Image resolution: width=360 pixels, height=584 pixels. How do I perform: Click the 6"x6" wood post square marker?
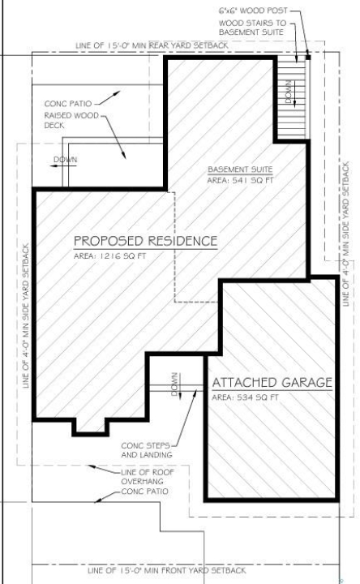pyautogui.click(x=308, y=58)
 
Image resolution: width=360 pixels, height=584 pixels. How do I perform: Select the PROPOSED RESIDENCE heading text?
pyautogui.click(x=146, y=241)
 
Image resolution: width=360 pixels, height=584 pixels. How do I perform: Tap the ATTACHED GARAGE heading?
pyautogui.click(x=272, y=383)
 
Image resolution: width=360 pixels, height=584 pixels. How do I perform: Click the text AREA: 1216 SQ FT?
pyautogui.click(x=109, y=256)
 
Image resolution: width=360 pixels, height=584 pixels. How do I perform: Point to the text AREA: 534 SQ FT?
pyautogui.click(x=245, y=397)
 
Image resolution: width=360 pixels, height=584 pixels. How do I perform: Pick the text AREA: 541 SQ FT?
pyautogui.click(x=240, y=180)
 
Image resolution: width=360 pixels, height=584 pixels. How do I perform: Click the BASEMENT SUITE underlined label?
pyautogui.click(x=240, y=170)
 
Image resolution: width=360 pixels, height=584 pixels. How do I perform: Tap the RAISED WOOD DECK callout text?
pyautogui.click(x=71, y=120)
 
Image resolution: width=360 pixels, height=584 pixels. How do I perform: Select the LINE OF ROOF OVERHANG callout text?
pyautogui.click(x=148, y=477)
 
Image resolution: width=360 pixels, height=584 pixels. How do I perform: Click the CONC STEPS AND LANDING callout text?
pyautogui.click(x=146, y=450)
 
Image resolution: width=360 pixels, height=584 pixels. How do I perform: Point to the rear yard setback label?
pyautogui.click(x=152, y=45)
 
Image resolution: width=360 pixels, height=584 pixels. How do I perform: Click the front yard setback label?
pyautogui.click(x=167, y=570)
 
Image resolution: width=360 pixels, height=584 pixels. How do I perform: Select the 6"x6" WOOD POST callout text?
pyautogui.click(x=253, y=11)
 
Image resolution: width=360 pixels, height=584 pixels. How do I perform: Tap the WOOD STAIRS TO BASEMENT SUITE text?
pyautogui.click(x=252, y=28)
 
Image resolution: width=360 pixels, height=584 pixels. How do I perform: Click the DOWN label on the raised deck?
pyautogui.click(x=65, y=160)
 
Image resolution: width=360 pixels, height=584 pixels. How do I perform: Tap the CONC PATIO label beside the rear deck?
pyautogui.click(x=68, y=104)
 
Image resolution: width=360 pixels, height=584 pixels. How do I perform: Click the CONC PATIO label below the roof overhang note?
pyautogui.click(x=144, y=492)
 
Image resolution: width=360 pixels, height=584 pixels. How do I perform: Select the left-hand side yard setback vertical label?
pyautogui.click(x=26, y=316)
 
